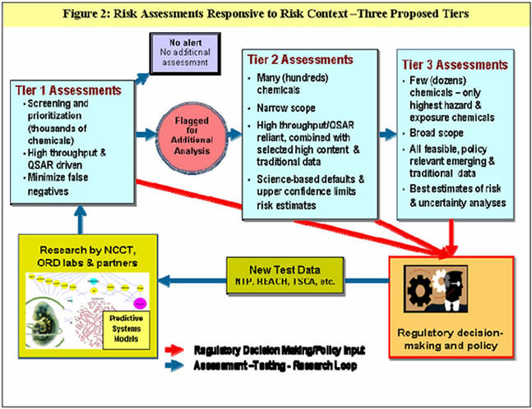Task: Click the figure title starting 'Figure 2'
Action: pos(266,14)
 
